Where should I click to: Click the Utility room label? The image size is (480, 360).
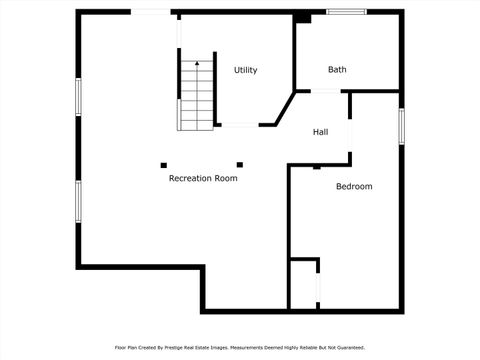(x=245, y=70)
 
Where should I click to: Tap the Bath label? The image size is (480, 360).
(x=337, y=69)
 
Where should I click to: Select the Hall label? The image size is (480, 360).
(x=320, y=132)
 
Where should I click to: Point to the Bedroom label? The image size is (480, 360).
(x=354, y=187)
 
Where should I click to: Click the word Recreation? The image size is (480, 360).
(x=190, y=178)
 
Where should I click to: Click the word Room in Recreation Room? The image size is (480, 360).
(x=226, y=178)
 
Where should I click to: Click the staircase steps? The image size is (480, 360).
(x=197, y=100)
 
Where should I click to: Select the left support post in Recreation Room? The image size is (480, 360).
(x=164, y=164)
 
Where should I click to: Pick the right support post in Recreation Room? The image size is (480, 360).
(x=239, y=164)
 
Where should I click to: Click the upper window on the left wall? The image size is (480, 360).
(x=78, y=96)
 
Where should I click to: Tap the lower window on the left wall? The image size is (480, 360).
(x=78, y=201)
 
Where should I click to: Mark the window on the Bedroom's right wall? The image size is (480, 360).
(x=401, y=126)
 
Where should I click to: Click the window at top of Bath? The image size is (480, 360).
(x=347, y=12)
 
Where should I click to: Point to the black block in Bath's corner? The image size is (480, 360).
(x=302, y=17)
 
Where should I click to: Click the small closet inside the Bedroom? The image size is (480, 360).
(x=303, y=285)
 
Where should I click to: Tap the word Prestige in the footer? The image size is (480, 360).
(x=197, y=348)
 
